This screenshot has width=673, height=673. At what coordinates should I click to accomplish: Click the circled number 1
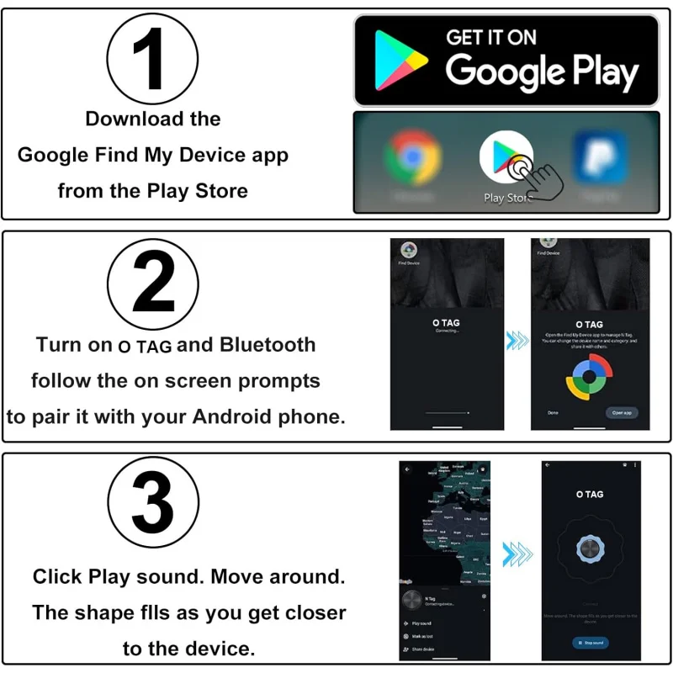[152, 60]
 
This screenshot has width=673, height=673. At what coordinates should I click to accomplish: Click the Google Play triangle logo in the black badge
[400, 59]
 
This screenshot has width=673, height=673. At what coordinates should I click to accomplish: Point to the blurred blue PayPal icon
[599, 160]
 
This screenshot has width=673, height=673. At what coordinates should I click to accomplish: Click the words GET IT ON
[490, 37]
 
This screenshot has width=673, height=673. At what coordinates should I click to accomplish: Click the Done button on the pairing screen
[553, 413]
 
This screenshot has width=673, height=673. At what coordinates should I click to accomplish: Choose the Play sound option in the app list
[421, 623]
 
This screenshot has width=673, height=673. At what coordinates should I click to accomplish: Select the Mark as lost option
[422, 637]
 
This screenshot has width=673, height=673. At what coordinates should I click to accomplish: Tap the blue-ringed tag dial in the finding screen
[589, 548]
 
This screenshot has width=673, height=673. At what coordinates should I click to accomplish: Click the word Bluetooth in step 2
[268, 345]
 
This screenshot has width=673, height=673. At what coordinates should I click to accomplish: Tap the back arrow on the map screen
[408, 469]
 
